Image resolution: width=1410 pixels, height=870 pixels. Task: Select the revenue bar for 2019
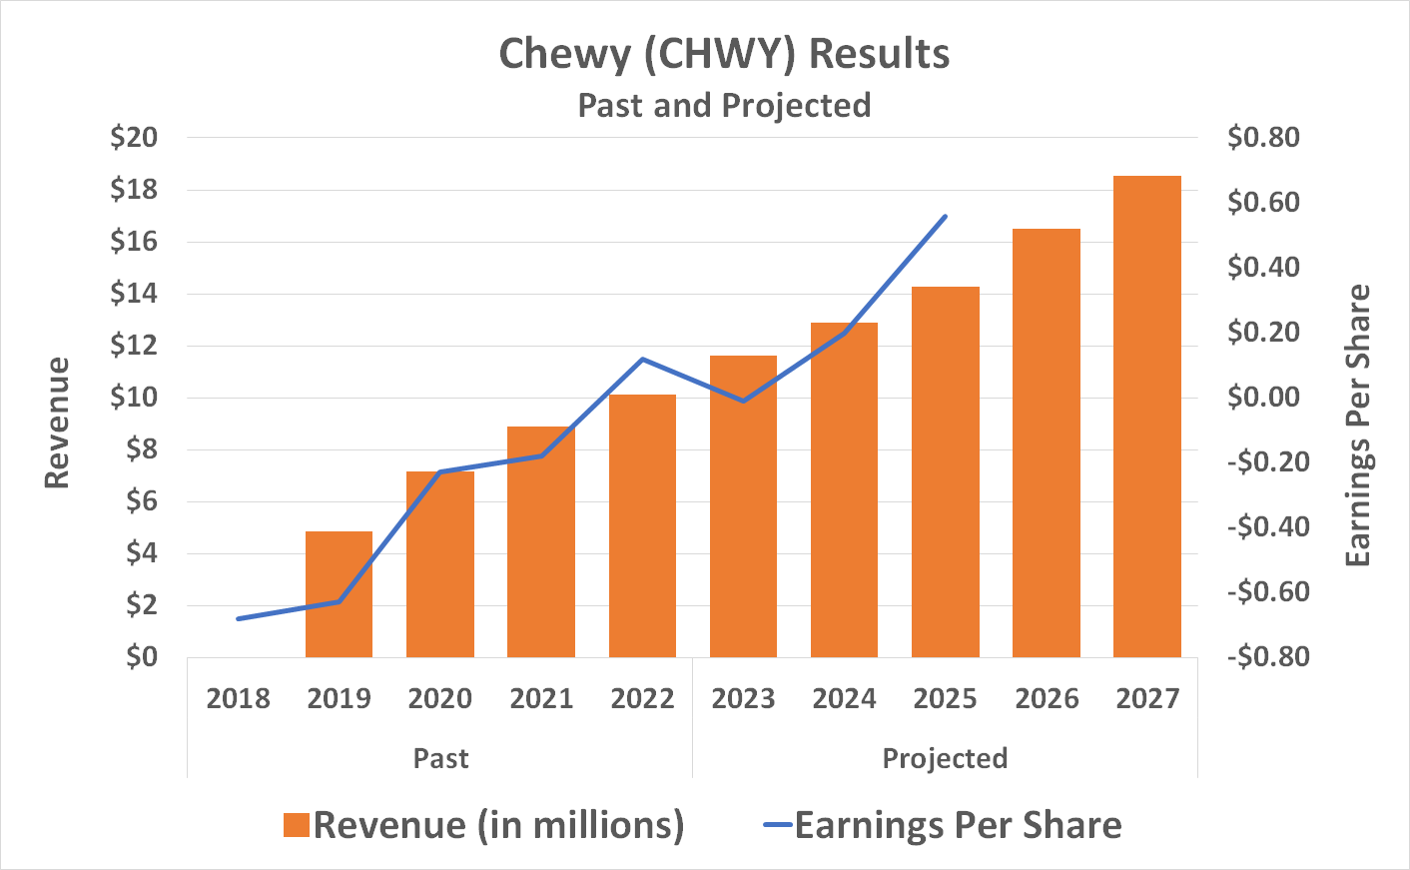[339, 594]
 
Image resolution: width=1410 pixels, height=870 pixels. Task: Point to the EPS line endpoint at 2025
[945, 216]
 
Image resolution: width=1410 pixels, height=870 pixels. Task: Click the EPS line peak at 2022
[642, 359]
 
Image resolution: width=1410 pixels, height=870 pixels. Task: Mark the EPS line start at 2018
[238, 619]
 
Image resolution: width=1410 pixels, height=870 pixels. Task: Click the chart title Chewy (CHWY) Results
[724, 54]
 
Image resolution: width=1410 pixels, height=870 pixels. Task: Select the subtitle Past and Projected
[724, 105]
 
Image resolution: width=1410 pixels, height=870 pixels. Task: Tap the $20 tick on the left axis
[134, 138]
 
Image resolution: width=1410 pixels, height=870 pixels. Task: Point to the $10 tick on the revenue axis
[134, 398]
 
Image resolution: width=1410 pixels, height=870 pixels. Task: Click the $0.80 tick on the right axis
[1263, 138]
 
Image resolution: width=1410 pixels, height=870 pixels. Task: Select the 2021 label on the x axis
[541, 698]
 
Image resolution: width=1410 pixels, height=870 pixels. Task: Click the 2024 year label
[844, 698]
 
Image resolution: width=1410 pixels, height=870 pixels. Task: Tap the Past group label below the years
[440, 758]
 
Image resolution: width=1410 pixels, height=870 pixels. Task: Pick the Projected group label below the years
[945, 758]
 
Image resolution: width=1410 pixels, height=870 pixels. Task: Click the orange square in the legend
[296, 825]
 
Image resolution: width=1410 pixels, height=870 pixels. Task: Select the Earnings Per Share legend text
[958, 825]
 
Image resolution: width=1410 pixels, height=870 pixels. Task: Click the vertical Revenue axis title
[58, 423]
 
